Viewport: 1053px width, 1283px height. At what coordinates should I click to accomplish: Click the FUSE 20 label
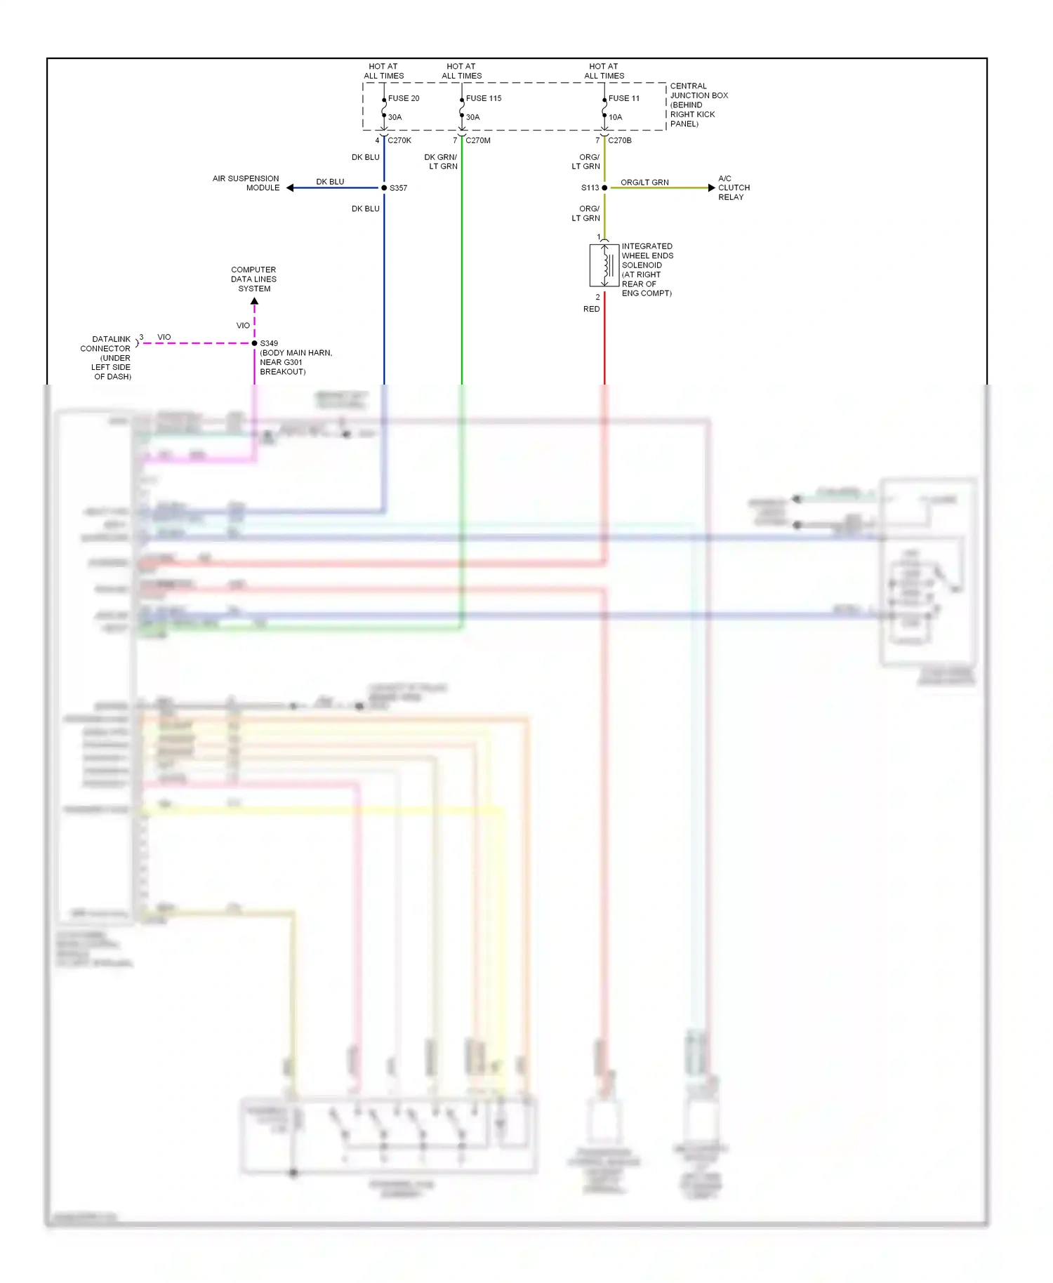coord(404,98)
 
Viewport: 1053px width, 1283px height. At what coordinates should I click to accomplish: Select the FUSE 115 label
coord(484,98)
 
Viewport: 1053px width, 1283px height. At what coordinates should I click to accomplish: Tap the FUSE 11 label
coord(624,98)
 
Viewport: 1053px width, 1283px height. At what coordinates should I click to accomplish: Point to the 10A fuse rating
coord(615,117)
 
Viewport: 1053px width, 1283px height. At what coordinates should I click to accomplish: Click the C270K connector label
coord(399,140)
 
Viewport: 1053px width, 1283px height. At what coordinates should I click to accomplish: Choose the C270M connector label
coord(478,140)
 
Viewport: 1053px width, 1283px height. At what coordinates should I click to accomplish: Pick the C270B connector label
coord(620,140)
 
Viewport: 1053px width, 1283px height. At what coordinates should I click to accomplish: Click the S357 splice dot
coord(384,188)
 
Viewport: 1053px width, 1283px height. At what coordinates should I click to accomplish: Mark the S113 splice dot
coord(604,188)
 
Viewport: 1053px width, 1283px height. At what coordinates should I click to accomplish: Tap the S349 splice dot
coord(254,343)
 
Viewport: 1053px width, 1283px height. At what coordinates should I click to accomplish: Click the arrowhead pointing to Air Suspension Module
coord(290,188)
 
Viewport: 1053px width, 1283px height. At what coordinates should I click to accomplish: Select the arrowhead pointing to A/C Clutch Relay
coord(711,188)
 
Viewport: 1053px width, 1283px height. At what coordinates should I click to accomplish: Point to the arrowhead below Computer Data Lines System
coord(254,302)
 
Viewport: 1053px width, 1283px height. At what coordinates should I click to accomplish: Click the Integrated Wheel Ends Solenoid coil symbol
coord(604,265)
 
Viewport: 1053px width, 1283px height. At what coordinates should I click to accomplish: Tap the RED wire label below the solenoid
coord(591,309)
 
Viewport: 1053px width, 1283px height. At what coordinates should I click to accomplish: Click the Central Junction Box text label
coord(698,105)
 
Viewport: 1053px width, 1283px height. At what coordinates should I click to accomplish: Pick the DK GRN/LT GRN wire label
coord(441,161)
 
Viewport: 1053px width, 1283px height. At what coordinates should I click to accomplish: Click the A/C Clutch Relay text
coord(734,188)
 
